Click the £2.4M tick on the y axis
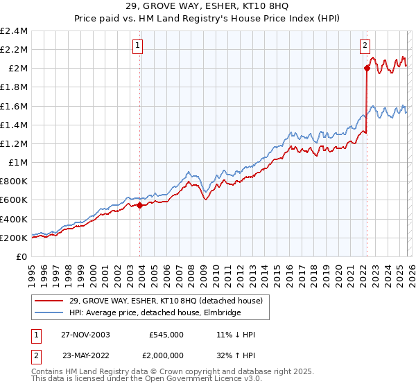(x=15, y=31)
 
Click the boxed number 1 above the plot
(x=139, y=46)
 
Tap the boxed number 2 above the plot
(x=365, y=46)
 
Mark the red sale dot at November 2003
(x=140, y=205)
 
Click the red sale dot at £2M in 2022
(x=365, y=68)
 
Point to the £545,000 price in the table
(x=166, y=335)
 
